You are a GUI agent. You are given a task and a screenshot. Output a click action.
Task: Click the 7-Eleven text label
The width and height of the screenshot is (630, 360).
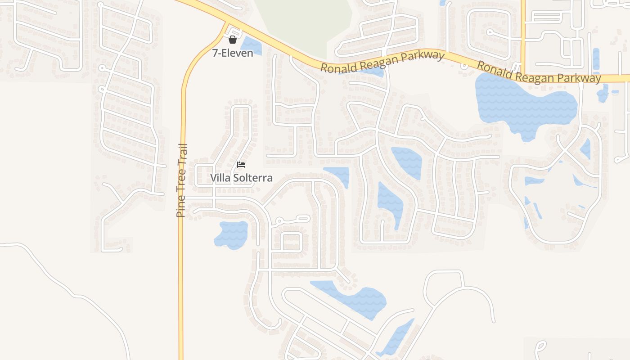tap(233, 53)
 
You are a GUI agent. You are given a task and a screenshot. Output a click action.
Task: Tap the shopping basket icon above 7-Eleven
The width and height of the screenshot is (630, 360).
tap(233, 40)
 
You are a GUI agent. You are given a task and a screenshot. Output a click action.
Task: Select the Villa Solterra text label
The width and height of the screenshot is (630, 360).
tap(241, 178)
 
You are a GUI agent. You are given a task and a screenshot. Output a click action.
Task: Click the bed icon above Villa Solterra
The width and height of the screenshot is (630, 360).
tap(241, 164)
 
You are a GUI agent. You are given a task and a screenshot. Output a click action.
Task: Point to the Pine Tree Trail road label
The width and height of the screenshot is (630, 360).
tap(181, 180)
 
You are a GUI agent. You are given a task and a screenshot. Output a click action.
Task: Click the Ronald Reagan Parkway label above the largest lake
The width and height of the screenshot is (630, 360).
tap(539, 72)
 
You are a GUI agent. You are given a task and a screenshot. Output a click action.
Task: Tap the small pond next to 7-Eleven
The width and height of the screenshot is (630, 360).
tap(251, 46)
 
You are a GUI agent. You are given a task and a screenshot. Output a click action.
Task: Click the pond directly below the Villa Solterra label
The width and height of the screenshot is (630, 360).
tap(232, 234)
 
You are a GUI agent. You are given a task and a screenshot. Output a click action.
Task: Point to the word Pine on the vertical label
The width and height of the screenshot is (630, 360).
tap(181, 207)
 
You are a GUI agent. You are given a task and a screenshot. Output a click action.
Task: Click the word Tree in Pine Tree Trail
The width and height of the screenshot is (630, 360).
tap(181, 182)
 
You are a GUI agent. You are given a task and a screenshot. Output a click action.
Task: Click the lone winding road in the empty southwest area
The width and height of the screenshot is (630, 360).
tap(67, 288)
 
